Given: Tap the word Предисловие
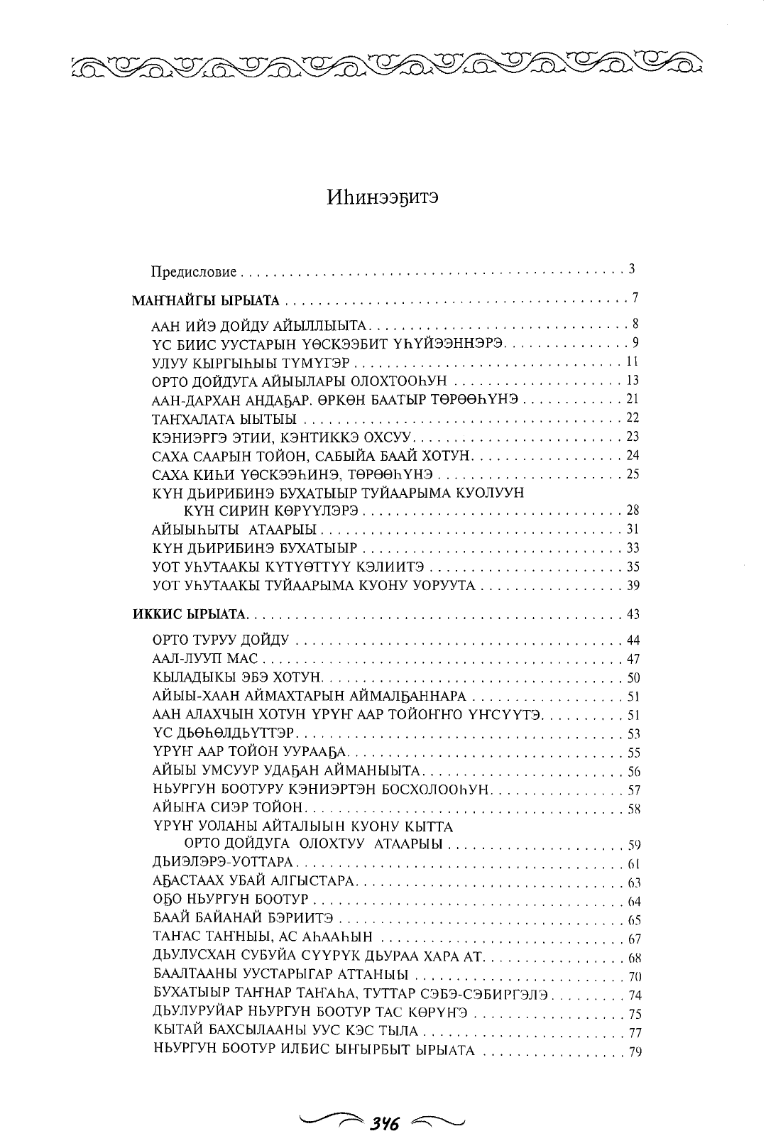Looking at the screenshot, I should tap(195, 271).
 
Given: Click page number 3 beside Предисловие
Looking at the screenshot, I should tap(631, 269).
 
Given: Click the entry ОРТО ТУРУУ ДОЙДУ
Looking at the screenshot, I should tap(219, 640).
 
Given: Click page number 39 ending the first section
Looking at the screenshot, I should tap(633, 586).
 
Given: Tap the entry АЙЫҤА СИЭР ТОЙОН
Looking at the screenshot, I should tap(228, 807).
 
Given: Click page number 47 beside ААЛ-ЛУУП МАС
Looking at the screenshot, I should tap(634, 658).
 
